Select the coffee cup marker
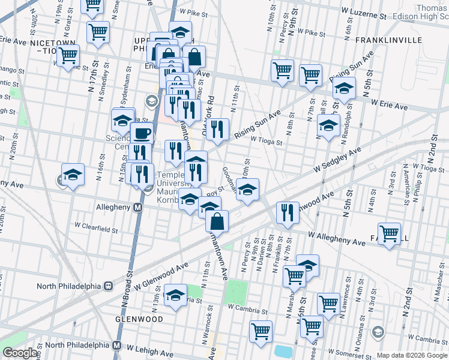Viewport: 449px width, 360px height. [142, 133]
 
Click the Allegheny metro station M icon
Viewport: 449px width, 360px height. [137, 208]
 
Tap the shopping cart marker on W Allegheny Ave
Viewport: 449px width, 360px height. [390, 233]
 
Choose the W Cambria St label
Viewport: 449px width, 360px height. [247, 311]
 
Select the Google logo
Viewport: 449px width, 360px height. [20, 353]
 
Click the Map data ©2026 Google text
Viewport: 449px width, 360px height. [411, 355]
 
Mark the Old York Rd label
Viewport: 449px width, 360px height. [210, 109]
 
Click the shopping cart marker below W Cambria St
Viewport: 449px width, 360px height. [261, 331]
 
